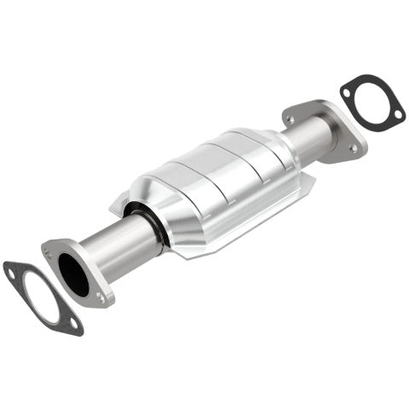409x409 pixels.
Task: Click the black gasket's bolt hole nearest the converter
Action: (349, 88)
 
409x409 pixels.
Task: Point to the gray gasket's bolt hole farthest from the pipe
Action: (11, 272)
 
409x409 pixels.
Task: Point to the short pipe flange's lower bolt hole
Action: (354, 148)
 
